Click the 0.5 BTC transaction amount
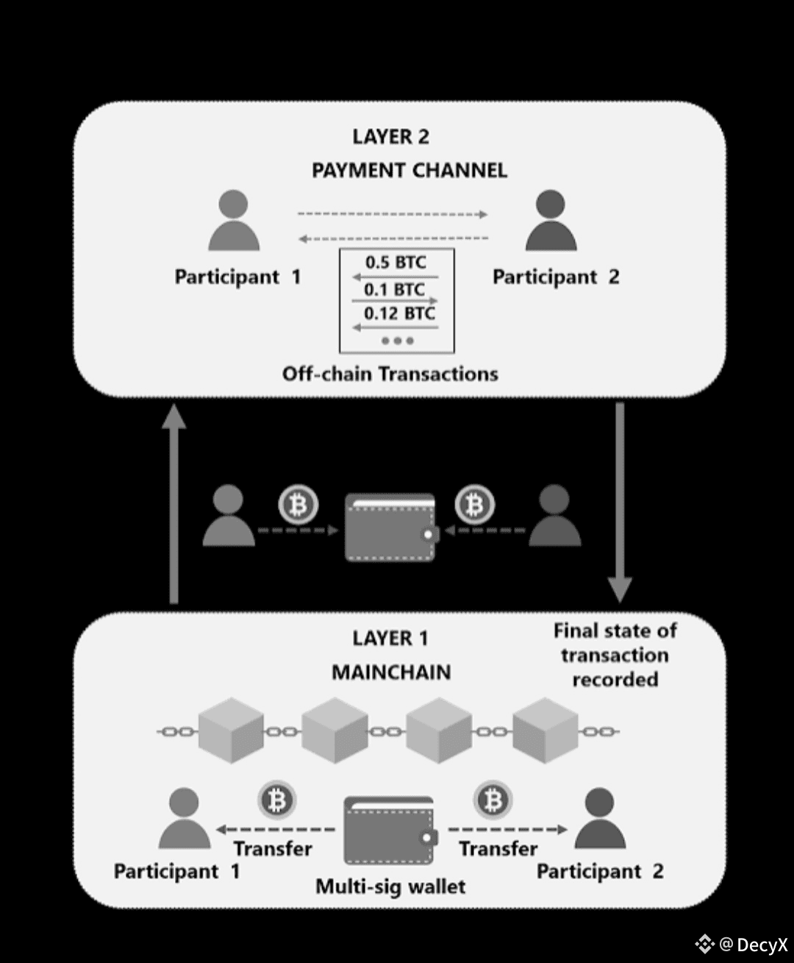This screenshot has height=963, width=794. click(396, 263)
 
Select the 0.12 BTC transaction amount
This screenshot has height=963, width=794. click(399, 313)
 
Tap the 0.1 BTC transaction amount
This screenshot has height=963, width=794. click(394, 289)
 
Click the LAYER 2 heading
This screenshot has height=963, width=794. click(390, 137)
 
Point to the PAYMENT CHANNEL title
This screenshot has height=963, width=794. click(409, 171)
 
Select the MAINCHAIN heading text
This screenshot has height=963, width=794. click(391, 672)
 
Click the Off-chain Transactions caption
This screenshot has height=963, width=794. click(390, 374)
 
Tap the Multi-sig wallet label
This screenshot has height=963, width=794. click(390, 886)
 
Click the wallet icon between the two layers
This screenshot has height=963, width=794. click(390, 527)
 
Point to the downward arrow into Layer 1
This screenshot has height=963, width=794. click(620, 500)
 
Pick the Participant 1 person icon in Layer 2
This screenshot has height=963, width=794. click(234, 221)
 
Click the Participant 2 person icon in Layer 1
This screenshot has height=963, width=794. click(600, 818)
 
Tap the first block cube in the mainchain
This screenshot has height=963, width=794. click(231, 731)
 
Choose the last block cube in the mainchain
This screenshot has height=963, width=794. click(545, 731)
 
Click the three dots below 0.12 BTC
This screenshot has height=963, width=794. click(398, 341)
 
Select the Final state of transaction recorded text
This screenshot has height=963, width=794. click(615, 655)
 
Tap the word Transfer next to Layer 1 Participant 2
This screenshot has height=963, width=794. click(498, 849)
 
